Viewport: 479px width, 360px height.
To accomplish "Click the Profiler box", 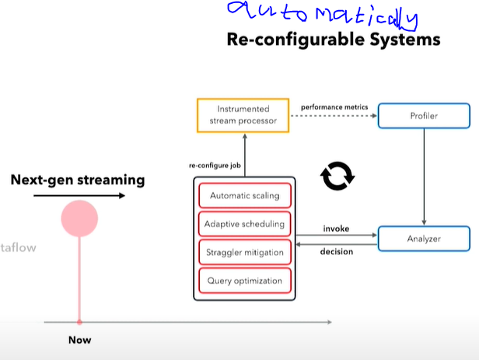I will coord(424,116).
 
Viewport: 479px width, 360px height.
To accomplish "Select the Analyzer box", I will coord(424,239).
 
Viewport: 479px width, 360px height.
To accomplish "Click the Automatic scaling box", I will coord(244,195).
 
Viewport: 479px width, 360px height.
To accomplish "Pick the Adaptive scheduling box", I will coord(244,224).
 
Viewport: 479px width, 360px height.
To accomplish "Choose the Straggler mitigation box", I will coord(244,252).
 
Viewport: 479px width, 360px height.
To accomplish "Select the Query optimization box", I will coord(244,280).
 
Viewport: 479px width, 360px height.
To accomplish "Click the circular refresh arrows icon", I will coord(337,177).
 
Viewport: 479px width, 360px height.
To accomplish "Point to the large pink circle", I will coord(79,218).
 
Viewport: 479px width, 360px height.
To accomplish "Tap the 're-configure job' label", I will coord(213,166).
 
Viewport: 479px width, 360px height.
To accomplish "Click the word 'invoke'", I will coord(335,229).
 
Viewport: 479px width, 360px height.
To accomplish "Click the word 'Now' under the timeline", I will coord(79,340).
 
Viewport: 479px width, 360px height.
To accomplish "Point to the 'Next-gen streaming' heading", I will coord(78,180).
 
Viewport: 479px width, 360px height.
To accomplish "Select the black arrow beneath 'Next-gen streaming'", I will coord(79,196).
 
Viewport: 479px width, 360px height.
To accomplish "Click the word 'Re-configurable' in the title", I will coord(294,38).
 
